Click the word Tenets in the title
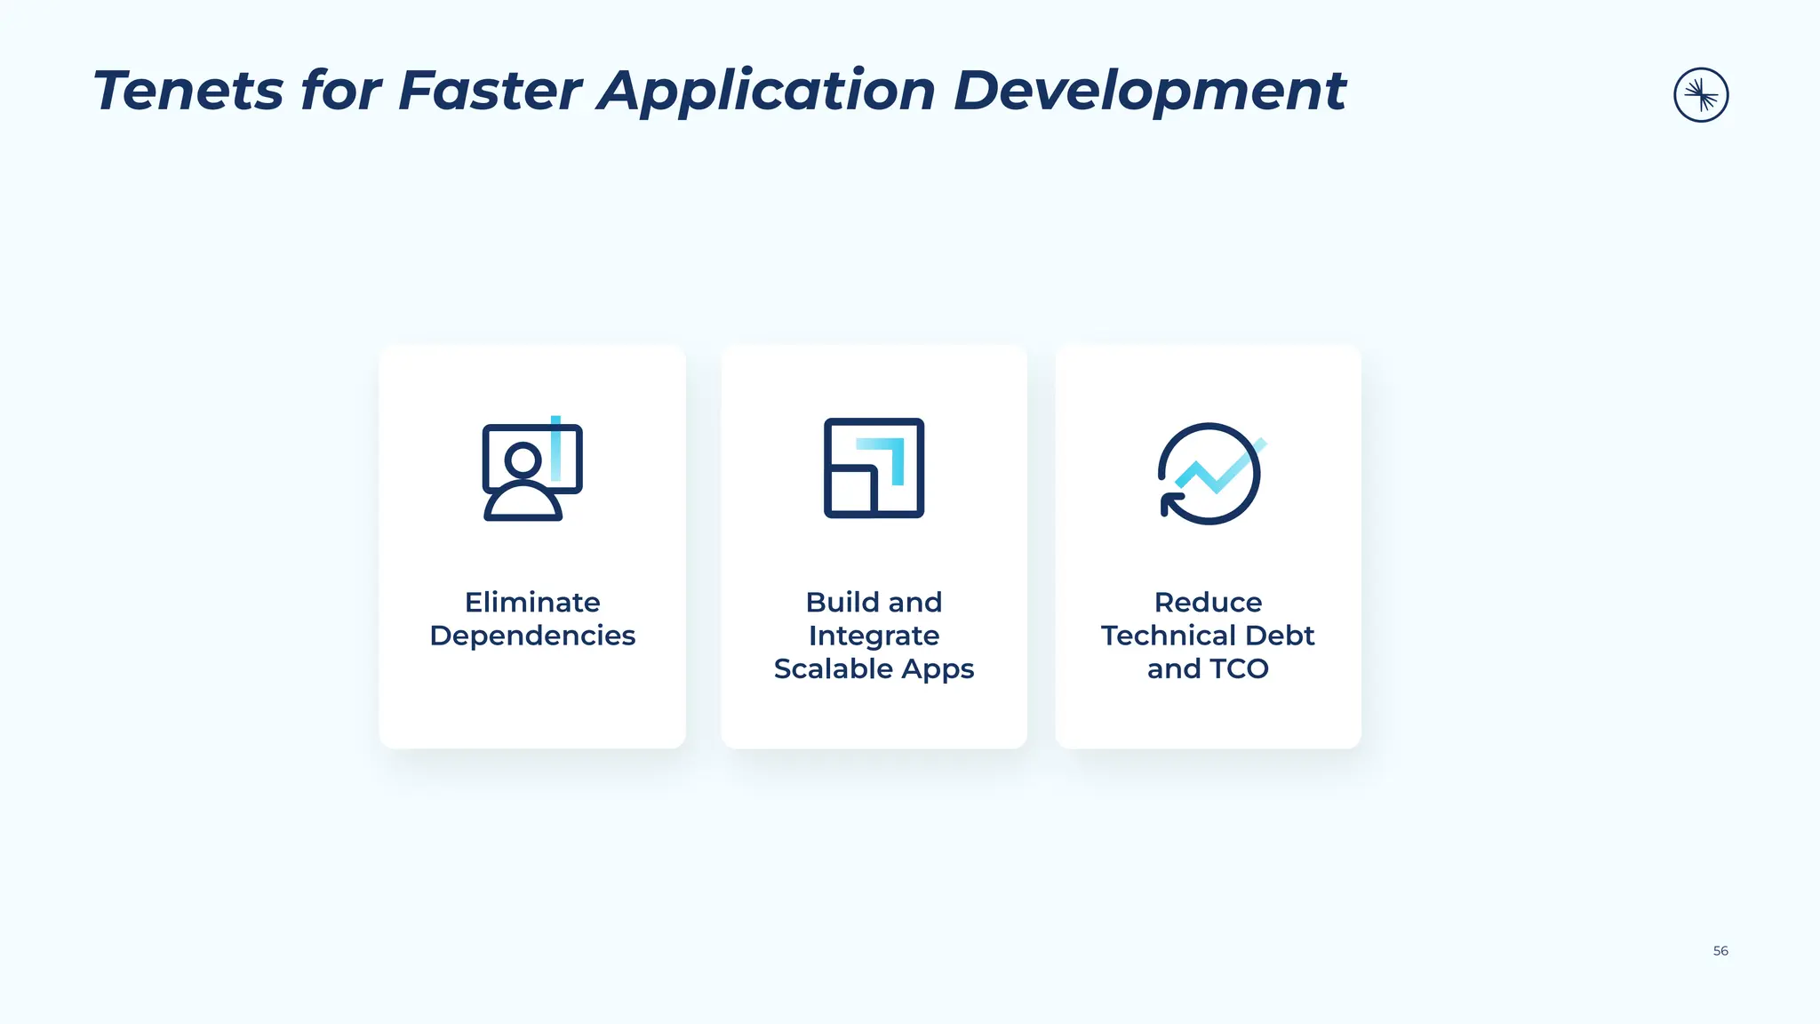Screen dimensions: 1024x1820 tap(188, 91)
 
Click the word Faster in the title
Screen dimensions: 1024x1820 tap(490, 91)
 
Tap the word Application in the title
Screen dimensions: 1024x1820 tap(766, 92)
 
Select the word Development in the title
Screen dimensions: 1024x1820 tap(1149, 92)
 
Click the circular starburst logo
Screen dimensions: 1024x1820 tap(1700, 95)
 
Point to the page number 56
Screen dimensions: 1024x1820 tap(1720, 951)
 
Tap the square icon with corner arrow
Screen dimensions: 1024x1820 tap(874, 468)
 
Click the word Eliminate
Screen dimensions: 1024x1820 tap(532, 603)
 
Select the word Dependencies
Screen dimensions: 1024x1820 tap(532, 636)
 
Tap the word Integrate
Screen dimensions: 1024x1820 tap(874, 636)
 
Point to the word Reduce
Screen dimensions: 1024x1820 tap(1208, 603)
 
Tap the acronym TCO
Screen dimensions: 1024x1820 tap(1239, 668)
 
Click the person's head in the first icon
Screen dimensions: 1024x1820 tap(523, 460)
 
